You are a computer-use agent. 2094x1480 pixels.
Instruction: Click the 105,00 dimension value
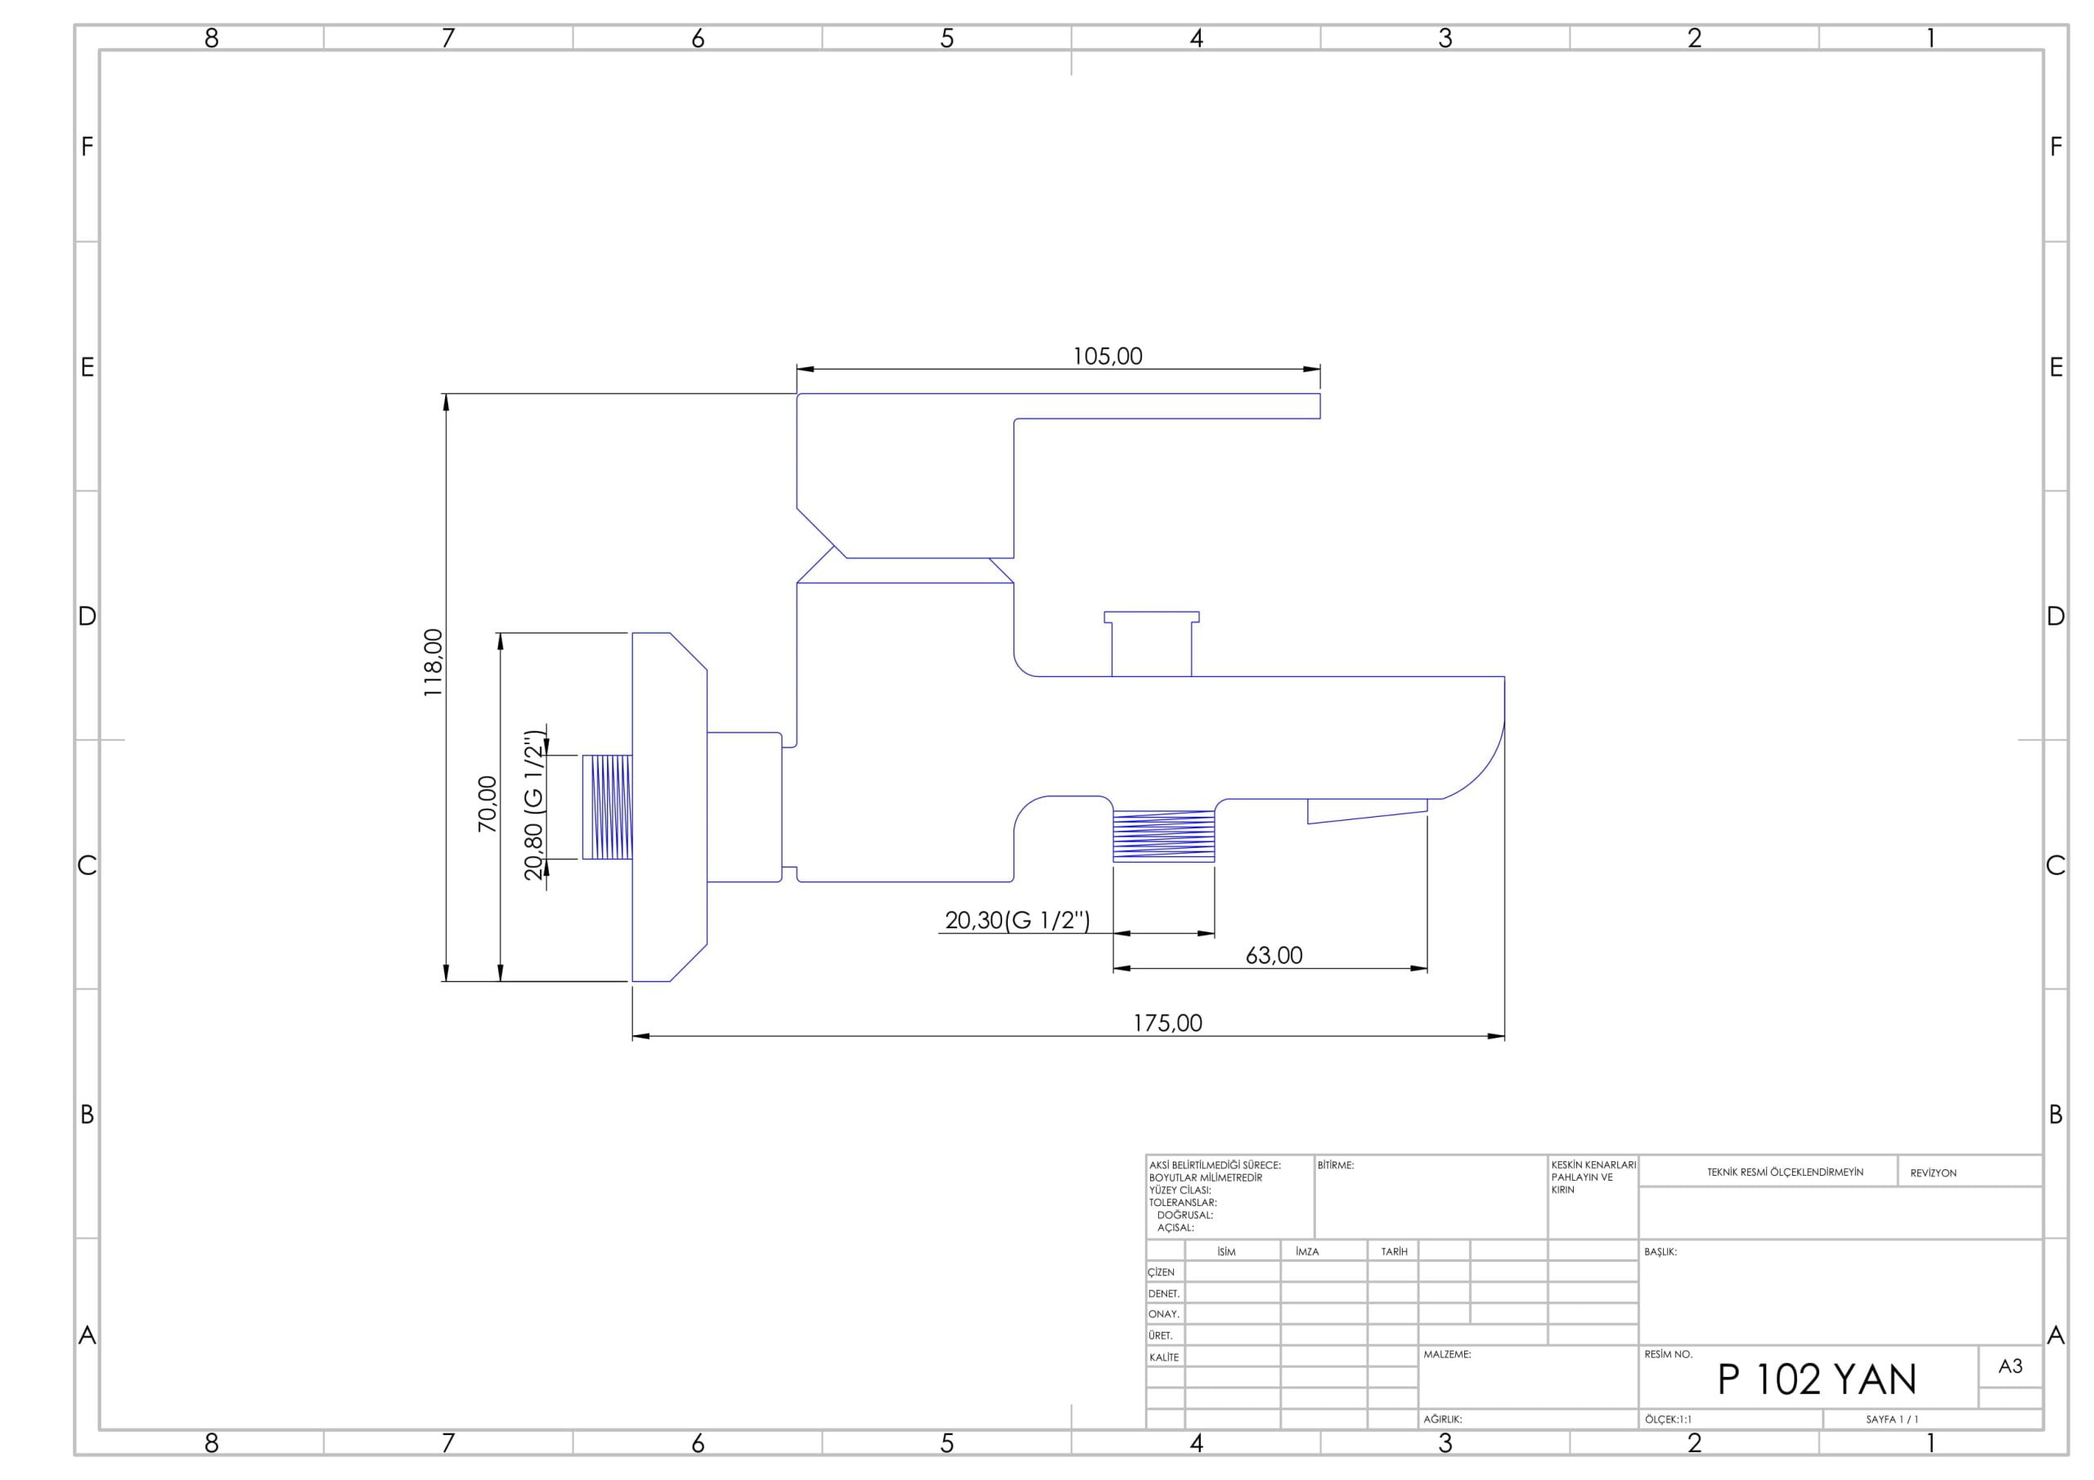(1108, 357)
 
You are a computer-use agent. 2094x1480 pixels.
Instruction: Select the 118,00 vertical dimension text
(434, 663)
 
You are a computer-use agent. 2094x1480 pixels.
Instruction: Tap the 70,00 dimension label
(488, 804)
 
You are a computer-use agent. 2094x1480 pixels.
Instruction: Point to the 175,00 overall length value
(1167, 1023)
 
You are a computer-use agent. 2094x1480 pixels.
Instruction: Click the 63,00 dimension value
(1274, 956)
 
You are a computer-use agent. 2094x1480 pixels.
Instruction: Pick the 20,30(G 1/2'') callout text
(1018, 920)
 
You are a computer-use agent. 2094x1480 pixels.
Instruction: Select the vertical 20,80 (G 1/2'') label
(534, 805)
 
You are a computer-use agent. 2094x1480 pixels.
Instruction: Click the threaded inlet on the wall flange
(608, 807)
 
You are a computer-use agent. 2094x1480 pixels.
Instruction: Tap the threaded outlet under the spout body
(1164, 836)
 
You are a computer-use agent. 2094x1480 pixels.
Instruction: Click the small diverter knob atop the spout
(1152, 644)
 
